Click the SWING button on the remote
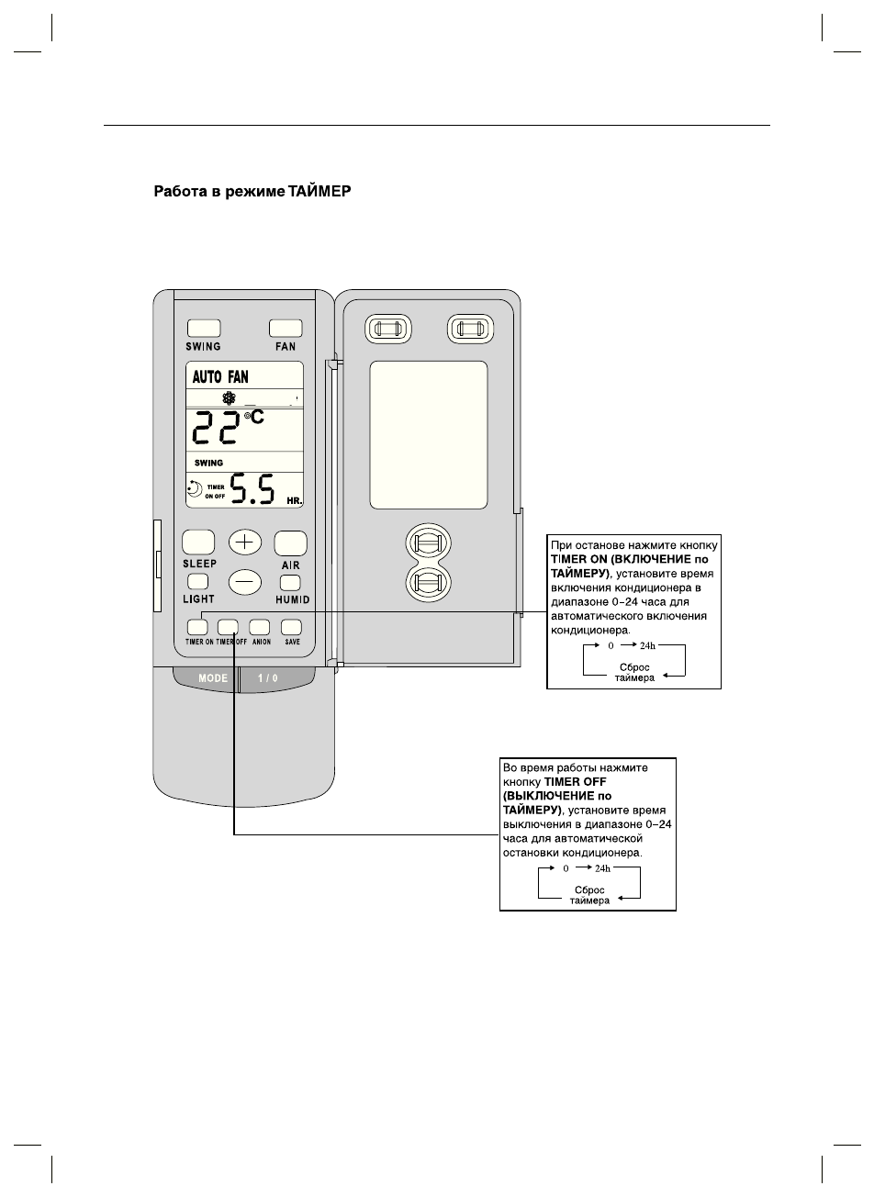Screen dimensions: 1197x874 click(x=203, y=328)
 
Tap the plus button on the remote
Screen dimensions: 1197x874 click(x=244, y=542)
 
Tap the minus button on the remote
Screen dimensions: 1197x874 click(x=244, y=581)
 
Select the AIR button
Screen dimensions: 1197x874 click(x=290, y=543)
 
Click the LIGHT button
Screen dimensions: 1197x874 click(x=197, y=581)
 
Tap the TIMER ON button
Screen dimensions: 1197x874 click(x=197, y=627)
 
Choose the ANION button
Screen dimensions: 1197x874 click(x=260, y=627)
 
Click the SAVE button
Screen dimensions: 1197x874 click(x=291, y=627)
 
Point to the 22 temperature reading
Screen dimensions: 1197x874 click(x=216, y=431)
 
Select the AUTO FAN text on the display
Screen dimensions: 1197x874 click(x=220, y=377)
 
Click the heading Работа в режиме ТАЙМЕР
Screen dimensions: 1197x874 click(x=252, y=193)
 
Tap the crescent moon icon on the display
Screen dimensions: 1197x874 click(x=195, y=490)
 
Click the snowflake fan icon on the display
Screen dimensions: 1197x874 click(x=229, y=399)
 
